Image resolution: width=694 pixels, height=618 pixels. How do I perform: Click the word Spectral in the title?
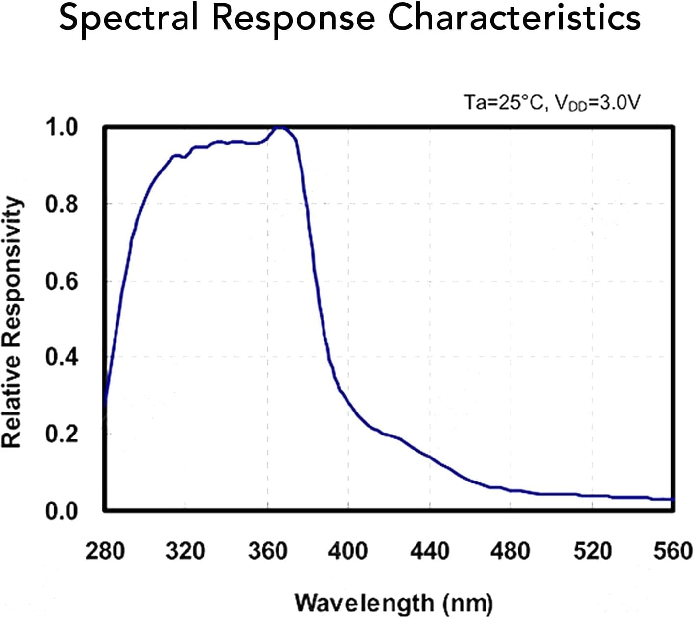(129, 19)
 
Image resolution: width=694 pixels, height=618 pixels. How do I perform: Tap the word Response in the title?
(293, 19)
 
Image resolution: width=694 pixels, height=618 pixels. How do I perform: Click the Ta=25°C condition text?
(504, 103)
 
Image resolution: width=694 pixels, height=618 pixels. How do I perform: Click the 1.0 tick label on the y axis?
(62, 127)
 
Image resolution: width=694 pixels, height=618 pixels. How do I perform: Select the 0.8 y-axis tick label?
(62, 204)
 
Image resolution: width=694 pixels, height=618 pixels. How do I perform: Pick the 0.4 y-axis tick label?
(62, 357)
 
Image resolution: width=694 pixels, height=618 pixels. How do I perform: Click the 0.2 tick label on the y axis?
(62, 434)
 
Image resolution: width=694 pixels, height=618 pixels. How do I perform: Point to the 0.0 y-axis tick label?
(62, 511)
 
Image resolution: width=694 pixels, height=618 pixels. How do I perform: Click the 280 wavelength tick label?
(105, 551)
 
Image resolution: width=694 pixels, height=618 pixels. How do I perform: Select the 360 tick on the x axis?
(267, 551)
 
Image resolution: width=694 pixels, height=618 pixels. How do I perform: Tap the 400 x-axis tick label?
(348, 551)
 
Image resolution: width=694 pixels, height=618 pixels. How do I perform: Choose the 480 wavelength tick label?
(510, 551)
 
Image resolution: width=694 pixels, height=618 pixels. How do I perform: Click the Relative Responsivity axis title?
(12, 322)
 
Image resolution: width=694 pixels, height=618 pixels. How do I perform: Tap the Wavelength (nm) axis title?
(393, 602)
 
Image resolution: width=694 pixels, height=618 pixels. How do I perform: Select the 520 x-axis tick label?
(592, 551)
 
